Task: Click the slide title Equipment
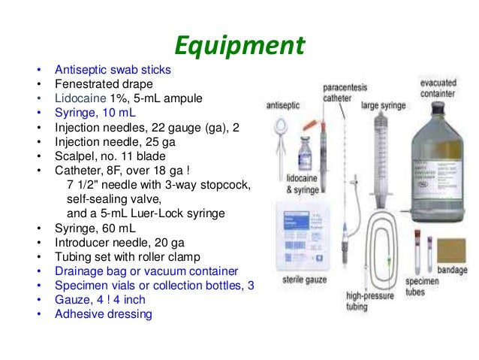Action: (x=239, y=46)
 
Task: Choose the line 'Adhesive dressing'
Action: (x=104, y=313)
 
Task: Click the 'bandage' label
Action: (x=451, y=270)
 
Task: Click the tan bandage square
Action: (x=450, y=250)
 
